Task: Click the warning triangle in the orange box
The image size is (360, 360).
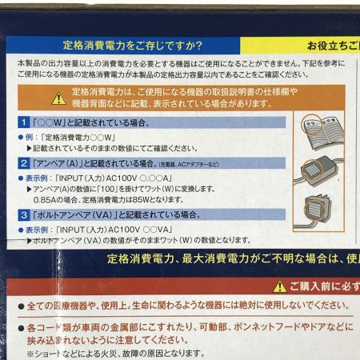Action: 58,98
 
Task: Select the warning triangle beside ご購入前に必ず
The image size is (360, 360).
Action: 279,286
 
